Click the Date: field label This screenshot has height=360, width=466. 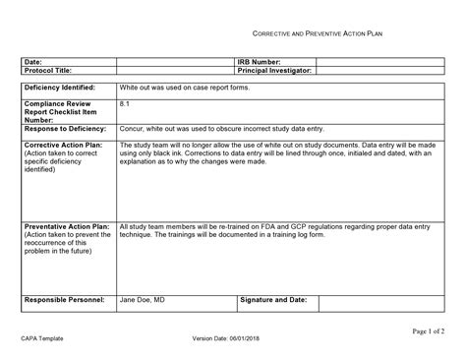click(32, 62)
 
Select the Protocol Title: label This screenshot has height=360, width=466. click(48, 71)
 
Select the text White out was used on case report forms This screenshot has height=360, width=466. click(183, 88)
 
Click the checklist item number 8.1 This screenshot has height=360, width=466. click(125, 102)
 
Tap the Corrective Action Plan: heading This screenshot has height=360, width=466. click(62, 145)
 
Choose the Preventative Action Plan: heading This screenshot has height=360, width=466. click(67, 225)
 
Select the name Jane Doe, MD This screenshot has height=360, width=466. click(143, 299)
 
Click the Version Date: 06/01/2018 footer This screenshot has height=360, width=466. click(232, 340)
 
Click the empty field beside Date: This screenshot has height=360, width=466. click(175, 62)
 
